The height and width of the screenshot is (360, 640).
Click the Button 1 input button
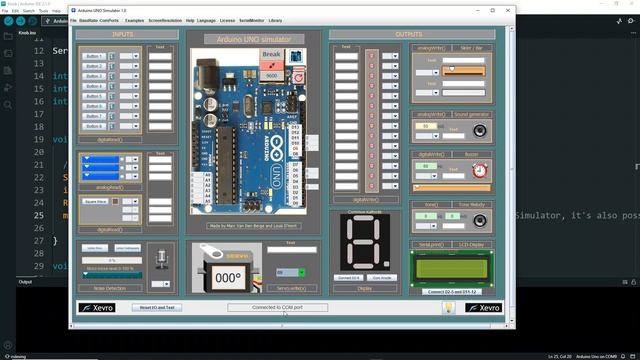(94, 56)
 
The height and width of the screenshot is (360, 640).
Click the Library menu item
(275, 20)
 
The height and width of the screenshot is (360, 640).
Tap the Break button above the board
(271, 53)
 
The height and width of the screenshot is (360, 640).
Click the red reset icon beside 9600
(297, 75)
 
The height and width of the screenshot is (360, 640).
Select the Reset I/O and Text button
(157, 307)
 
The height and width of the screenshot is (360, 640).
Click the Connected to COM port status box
(277, 307)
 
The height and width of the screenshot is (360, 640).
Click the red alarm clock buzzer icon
(479, 170)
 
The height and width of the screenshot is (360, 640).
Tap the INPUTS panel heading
(122, 34)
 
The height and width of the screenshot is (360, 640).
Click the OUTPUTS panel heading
(409, 34)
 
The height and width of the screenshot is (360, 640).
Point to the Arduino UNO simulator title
(254, 38)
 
